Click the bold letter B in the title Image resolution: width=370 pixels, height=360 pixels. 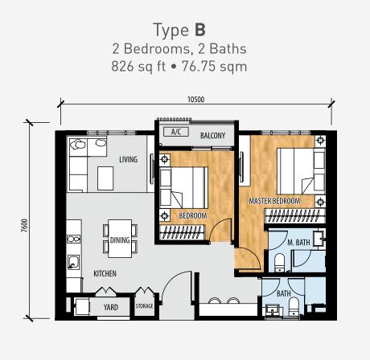coord(200,30)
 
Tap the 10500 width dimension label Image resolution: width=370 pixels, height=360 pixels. coord(195,100)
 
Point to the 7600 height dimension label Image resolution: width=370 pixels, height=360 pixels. coord(24,226)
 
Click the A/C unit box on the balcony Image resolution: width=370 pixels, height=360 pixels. coord(176,132)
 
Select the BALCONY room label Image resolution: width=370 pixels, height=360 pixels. coord(212,136)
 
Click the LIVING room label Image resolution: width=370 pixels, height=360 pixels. coord(129,160)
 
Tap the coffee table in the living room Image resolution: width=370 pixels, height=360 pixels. coord(105,178)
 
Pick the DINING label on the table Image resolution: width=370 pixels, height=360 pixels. coord(120,240)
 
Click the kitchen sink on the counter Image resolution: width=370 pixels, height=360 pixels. coord(73,262)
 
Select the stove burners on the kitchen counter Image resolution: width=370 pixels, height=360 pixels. coord(73,239)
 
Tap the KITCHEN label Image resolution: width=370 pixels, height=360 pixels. coord(105,273)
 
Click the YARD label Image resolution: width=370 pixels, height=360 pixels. coord(111,307)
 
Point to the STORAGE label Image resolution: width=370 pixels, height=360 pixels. coord(144,306)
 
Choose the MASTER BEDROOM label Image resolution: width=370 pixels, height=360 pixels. coord(274,201)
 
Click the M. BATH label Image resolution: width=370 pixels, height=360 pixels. coord(298,243)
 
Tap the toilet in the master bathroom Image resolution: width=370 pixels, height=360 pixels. coord(279,263)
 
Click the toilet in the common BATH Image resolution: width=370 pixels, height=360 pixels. coord(294,306)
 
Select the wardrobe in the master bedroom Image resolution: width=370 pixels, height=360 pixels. coord(295,216)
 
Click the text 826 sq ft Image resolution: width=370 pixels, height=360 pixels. coord(138,67)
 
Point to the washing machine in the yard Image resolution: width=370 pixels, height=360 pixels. coord(82,307)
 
